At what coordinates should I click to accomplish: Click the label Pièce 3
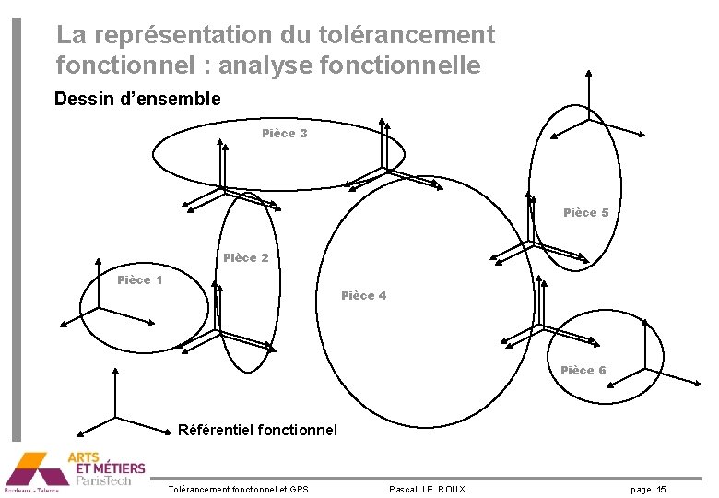click(284, 134)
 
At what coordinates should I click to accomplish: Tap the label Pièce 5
click(585, 213)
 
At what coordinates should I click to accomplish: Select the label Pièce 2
click(246, 258)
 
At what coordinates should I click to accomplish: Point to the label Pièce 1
click(140, 280)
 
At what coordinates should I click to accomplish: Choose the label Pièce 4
click(363, 296)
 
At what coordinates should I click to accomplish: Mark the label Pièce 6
click(583, 371)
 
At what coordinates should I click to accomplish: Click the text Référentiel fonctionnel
click(257, 430)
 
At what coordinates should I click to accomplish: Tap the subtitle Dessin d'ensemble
click(137, 99)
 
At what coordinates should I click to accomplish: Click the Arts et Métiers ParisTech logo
click(74, 470)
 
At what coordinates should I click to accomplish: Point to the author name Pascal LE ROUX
click(427, 489)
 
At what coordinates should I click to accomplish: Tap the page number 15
click(662, 489)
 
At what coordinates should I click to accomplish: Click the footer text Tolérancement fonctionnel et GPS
click(240, 489)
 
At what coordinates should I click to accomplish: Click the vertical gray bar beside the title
click(15, 231)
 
